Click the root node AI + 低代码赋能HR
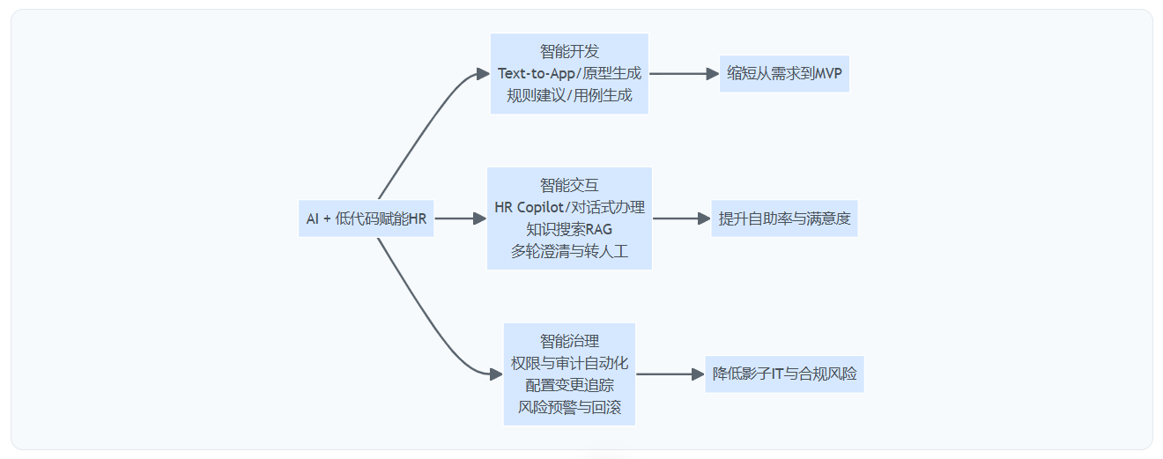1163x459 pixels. (x=366, y=218)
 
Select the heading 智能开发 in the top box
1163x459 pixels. (x=569, y=52)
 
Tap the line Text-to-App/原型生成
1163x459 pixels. (x=569, y=73)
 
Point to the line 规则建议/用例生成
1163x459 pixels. (x=569, y=95)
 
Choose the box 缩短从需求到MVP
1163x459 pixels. (x=784, y=74)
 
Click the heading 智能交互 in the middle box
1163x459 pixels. (x=569, y=186)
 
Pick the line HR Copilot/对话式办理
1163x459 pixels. (x=569, y=207)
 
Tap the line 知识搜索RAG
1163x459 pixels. (x=569, y=229)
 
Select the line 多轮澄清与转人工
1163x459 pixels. (x=569, y=251)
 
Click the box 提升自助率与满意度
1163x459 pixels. (x=784, y=218)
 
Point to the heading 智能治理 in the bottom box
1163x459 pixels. (x=569, y=342)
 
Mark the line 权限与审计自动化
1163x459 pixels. (x=569, y=363)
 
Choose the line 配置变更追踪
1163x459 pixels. (x=569, y=385)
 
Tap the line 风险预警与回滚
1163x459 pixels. (x=569, y=407)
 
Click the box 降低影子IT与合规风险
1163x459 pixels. (x=784, y=374)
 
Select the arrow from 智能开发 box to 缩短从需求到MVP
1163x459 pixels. (x=684, y=74)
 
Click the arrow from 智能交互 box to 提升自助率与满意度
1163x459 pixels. (x=681, y=218)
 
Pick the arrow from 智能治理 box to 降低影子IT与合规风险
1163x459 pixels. (x=670, y=374)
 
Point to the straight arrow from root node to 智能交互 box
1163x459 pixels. (x=460, y=218)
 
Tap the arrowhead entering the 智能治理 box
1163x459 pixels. (x=496, y=374)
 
